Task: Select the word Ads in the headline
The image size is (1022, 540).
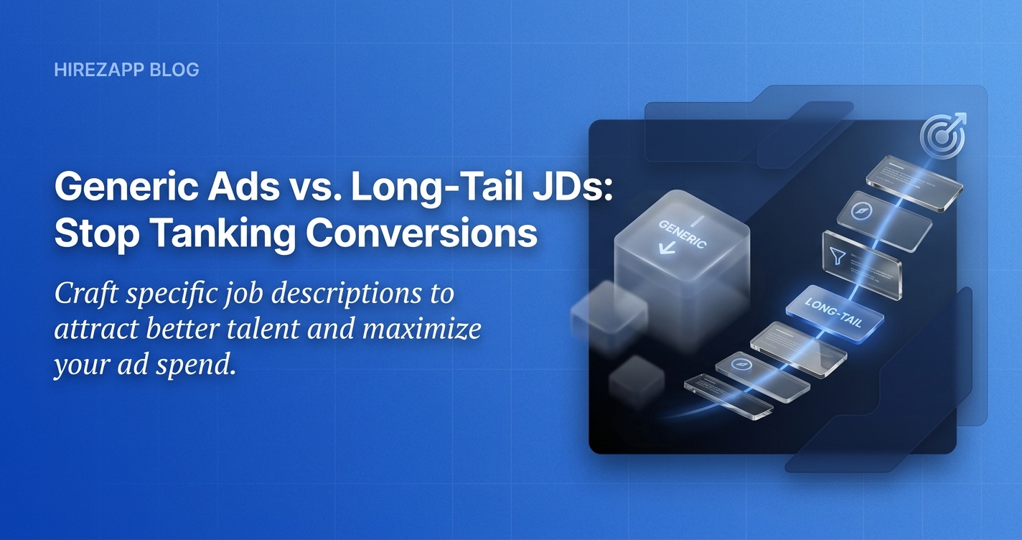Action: (x=243, y=187)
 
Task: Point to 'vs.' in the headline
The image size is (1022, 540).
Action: (x=315, y=189)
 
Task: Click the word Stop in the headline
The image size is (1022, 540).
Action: (x=97, y=233)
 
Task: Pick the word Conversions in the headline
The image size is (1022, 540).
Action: (x=421, y=233)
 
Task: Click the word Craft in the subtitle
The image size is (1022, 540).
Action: (x=86, y=294)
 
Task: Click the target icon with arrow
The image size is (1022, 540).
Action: (x=942, y=135)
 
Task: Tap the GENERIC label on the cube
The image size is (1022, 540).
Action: (x=683, y=235)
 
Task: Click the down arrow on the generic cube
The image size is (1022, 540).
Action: (x=667, y=248)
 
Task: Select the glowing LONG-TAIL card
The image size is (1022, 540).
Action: (x=835, y=314)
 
